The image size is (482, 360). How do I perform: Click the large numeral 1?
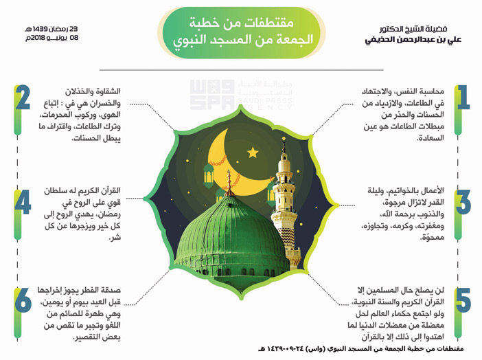pos(463,98)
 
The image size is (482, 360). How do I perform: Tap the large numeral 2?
pos(23,99)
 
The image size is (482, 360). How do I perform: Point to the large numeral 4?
pos(22,202)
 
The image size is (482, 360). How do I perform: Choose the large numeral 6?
pos(23,302)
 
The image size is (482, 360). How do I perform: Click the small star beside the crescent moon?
pos(252,153)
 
